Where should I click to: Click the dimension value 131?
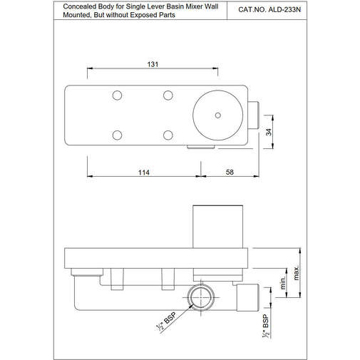[x=152, y=63]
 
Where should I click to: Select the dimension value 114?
[x=143, y=173]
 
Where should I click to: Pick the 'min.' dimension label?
[x=283, y=284]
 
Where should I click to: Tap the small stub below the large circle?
[x=201, y=147]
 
